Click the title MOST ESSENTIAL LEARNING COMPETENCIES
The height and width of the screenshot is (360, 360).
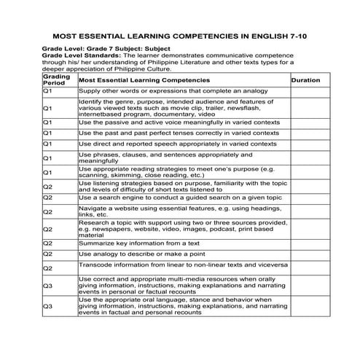click(x=180, y=35)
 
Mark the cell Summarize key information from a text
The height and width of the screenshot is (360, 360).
click(x=139, y=242)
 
